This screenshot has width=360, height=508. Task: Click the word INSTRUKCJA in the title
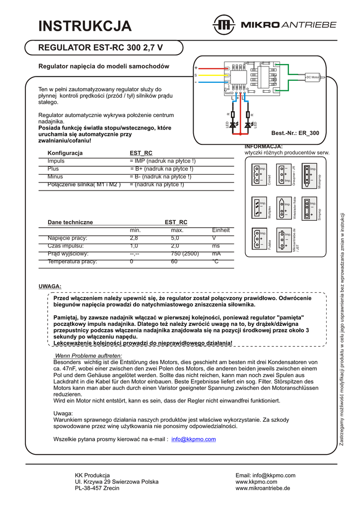85,26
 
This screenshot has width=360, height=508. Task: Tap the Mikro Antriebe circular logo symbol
223,25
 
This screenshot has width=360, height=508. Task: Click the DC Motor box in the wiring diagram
313,77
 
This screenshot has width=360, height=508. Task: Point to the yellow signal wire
209,75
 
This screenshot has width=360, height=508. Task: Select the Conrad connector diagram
259,174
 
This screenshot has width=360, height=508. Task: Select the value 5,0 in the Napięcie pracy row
175,238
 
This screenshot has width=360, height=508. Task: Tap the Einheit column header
220,230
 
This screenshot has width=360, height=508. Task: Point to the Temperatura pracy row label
72,261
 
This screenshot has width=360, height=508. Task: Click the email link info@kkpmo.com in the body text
193,439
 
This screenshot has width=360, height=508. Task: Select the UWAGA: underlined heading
50,286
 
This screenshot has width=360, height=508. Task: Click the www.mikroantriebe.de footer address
263,489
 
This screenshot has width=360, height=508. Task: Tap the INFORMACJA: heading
264,146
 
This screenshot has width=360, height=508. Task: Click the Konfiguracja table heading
65,153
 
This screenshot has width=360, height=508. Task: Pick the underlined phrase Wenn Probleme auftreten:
88,356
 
